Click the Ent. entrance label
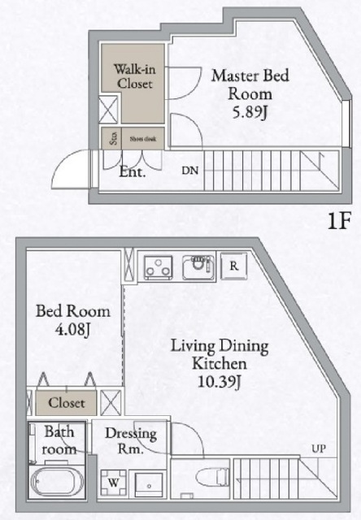pos(132,171)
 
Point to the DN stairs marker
pos(189,171)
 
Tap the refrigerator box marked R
pos(233,265)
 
